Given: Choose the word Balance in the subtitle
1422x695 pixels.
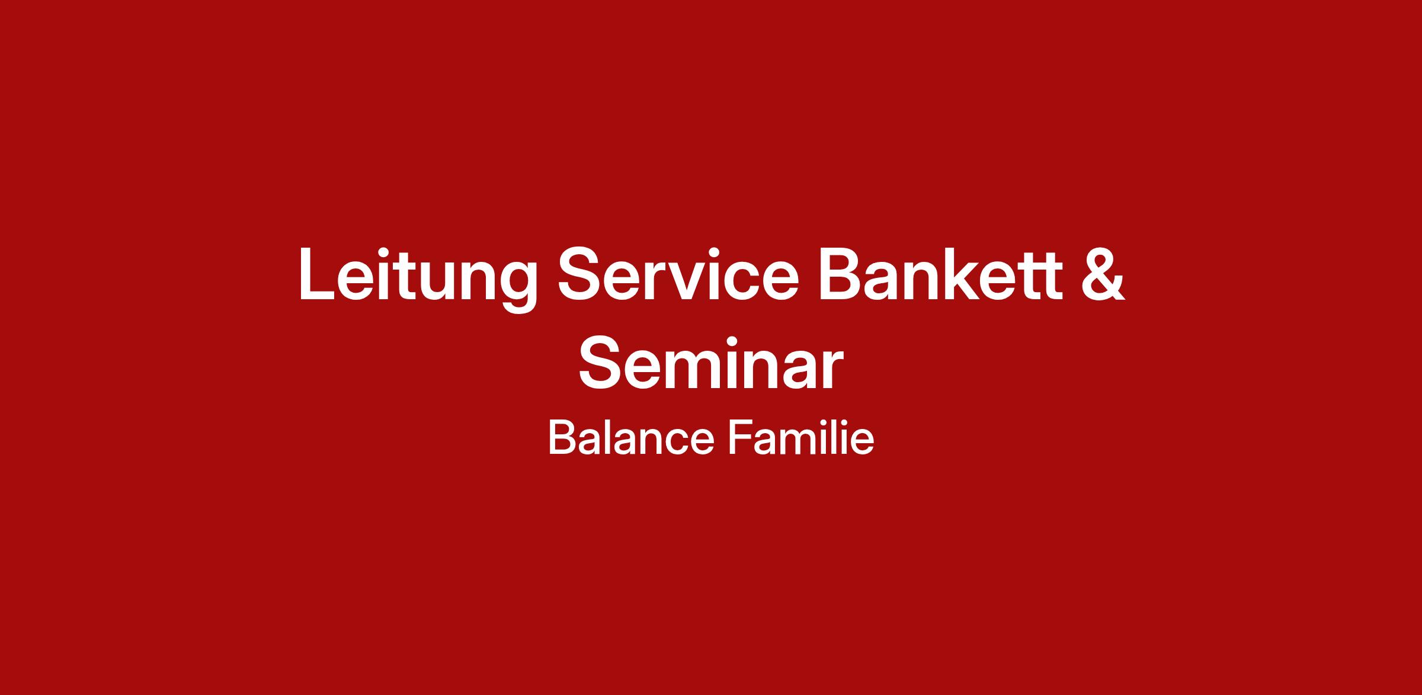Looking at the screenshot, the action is point(631,439).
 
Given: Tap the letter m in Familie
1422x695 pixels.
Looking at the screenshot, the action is point(803,443).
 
